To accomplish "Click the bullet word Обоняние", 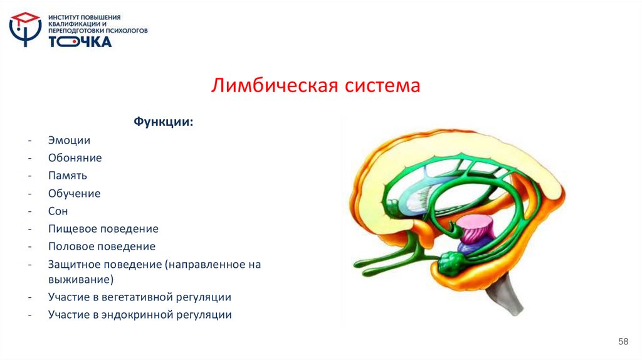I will [x=75, y=158].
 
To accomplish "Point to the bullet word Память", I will [x=67, y=176].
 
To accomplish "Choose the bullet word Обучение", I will [x=74, y=193].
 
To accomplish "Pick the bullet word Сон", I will [x=58, y=211].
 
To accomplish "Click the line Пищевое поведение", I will [x=103, y=229].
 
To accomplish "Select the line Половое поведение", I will [x=102, y=246].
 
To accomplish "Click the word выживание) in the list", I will [x=80, y=279].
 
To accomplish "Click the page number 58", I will [x=623, y=341].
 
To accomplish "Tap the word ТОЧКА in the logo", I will [x=80, y=41].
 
